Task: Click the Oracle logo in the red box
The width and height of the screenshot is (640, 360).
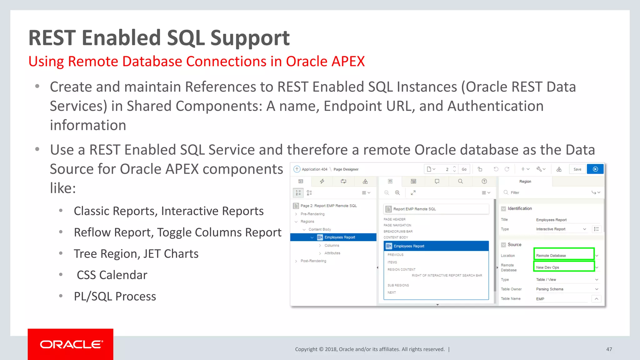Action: pos(71,344)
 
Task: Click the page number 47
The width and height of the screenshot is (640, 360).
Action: pos(609,349)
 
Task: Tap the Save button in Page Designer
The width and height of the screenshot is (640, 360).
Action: pos(577,169)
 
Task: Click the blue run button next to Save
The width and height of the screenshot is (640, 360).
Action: pos(595,169)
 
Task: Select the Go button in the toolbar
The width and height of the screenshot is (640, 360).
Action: pos(464,169)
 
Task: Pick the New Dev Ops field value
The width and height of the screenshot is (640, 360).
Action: pos(563,267)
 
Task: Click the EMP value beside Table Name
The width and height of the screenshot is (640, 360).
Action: pos(540,299)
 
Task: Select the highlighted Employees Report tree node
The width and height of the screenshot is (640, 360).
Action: pos(339,237)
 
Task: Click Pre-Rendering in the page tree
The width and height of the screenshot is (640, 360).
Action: pos(312,214)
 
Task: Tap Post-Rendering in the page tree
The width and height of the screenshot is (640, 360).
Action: pos(313,261)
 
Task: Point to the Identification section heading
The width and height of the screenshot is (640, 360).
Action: pos(519,208)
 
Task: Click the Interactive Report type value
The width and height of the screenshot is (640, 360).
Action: pos(551,229)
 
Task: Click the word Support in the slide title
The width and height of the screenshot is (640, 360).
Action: pos(250,38)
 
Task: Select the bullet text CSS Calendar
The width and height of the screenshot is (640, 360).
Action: pos(112,275)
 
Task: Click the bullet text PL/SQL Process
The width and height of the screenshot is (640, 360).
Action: pos(115,296)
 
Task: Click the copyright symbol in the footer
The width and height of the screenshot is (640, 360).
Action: pos(321,349)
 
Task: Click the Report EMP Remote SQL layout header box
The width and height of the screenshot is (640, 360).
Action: pos(436,209)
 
